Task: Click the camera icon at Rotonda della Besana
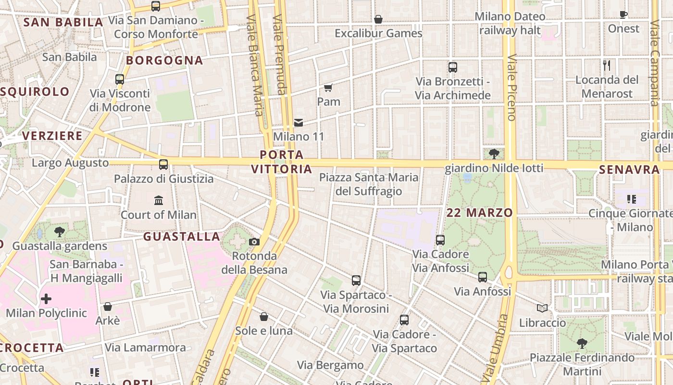(x=254, y=242)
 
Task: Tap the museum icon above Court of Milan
(x=159, y=200)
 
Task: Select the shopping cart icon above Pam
(x=328, y=88)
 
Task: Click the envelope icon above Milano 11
(x=299, y=122)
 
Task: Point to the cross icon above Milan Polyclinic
(x=46, y=299)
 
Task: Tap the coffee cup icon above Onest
(x=623, y=14)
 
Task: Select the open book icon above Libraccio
(x=542, y=308)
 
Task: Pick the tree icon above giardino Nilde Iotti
(x=494, y=154)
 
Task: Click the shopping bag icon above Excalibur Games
(x=378, y=19)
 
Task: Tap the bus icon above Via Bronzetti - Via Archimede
(x=452, y=67)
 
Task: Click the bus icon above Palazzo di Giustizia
(x=163, y=165)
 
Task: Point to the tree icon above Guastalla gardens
(x=60, y=232)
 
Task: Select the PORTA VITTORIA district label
(x=282, y=162)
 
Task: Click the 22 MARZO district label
(x=479, y=213)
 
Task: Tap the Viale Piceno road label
(x=511, y=87)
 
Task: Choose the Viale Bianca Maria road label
(x=255, y=65)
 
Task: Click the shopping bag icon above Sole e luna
(x=263, y=317)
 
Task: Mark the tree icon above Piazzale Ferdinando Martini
(x=582, y=344)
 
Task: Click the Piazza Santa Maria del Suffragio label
(x=369, y=184)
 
